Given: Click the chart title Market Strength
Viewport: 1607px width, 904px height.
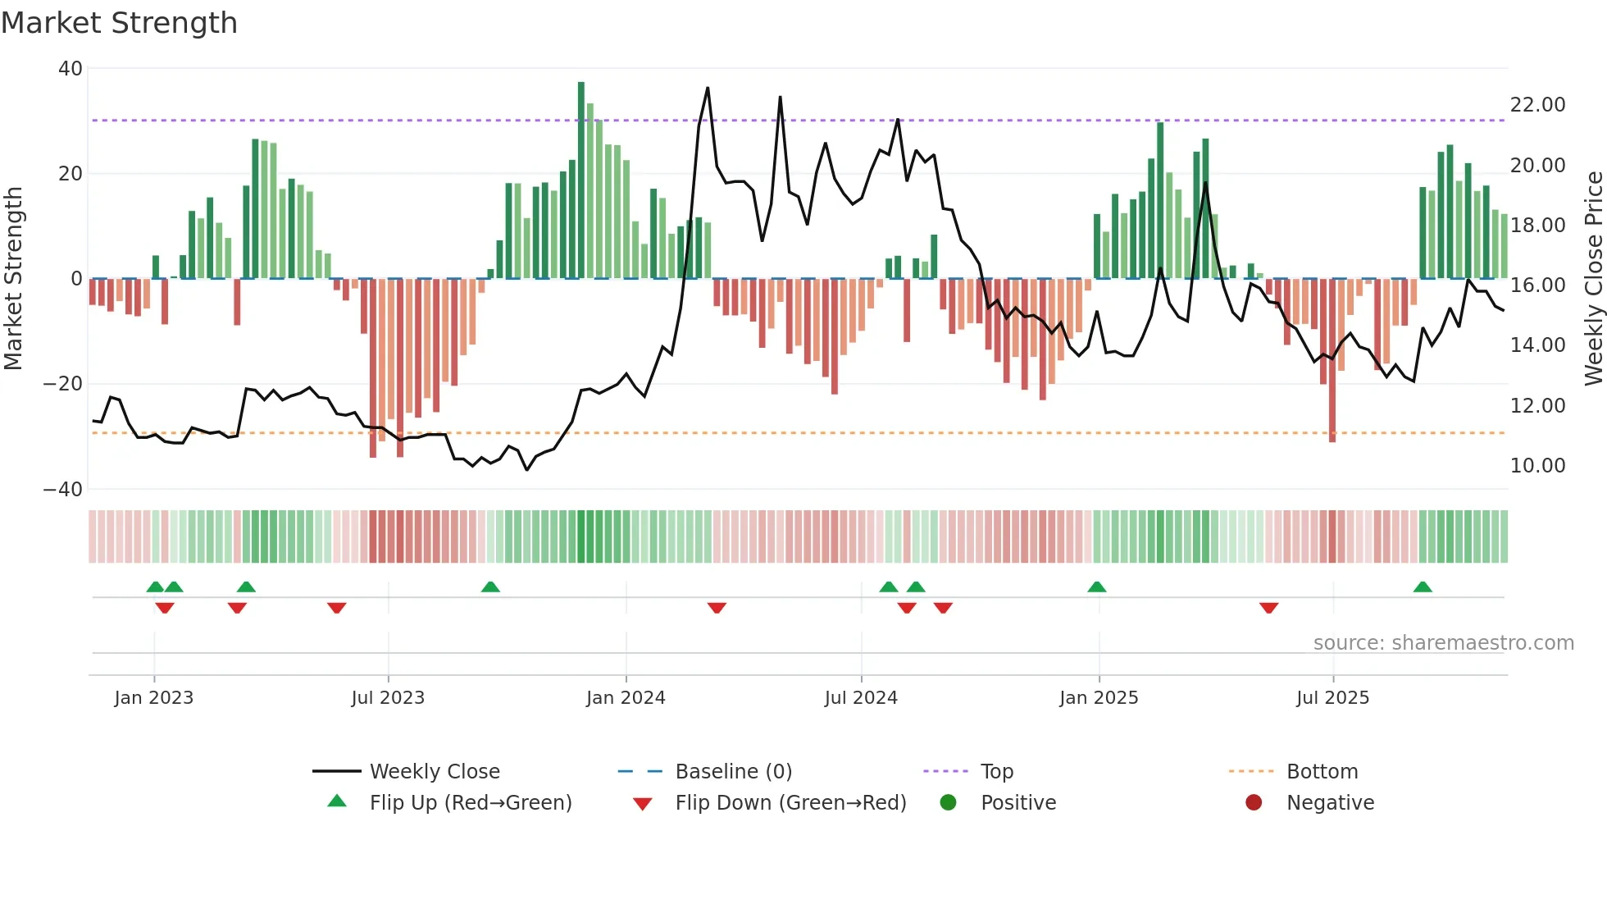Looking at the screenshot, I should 119,23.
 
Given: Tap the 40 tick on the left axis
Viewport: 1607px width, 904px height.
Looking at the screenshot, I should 71,69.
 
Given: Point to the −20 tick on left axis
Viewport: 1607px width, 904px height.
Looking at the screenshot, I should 63,384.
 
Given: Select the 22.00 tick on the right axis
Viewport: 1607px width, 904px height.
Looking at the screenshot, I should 1537,105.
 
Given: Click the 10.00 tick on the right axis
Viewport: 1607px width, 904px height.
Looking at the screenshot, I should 1537,466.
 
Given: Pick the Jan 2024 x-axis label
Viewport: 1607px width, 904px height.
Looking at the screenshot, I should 626,698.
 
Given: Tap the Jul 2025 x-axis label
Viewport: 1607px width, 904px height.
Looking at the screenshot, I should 1332,698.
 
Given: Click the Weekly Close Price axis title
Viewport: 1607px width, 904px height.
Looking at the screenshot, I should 1593,279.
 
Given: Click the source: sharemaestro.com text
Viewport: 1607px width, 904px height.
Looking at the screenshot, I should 1443,643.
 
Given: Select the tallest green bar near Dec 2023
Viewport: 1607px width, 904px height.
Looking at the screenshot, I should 581,180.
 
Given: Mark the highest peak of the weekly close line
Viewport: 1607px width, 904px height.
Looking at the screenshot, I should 708,89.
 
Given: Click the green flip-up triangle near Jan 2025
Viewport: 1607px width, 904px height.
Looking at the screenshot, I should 1097,587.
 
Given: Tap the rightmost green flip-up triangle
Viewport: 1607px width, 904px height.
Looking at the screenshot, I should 1423,587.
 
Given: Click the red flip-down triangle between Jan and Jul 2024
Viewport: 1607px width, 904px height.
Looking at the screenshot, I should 717,608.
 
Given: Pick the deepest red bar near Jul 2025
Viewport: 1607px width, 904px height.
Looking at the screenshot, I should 1332,361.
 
